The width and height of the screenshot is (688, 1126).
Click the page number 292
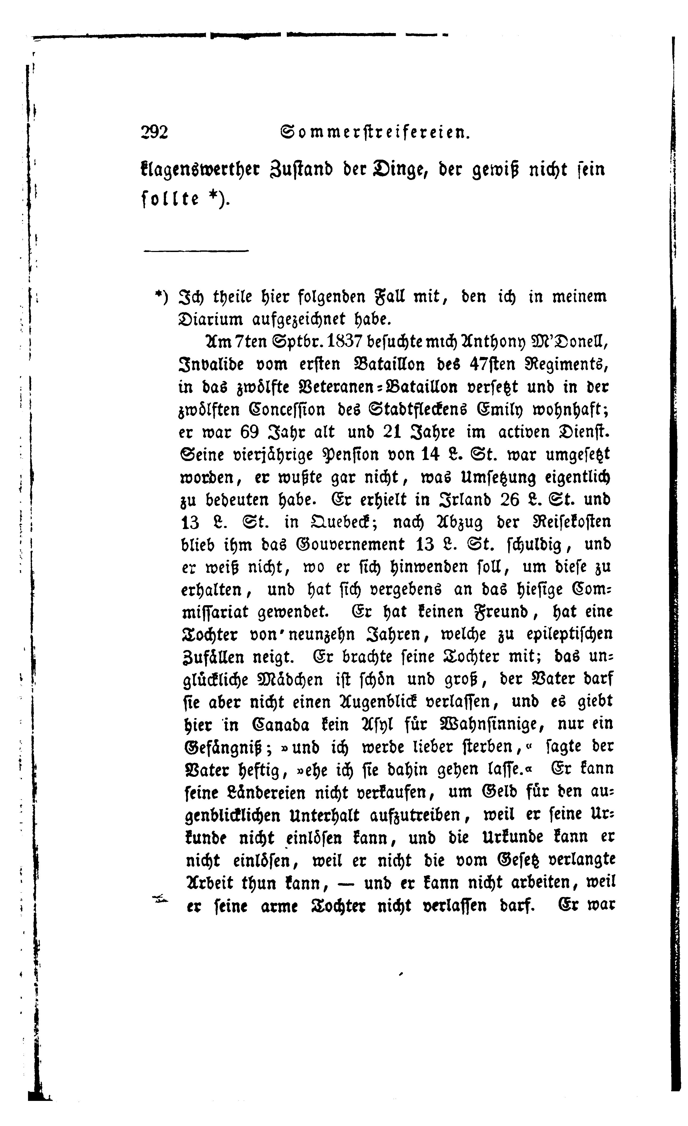point(155,132)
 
